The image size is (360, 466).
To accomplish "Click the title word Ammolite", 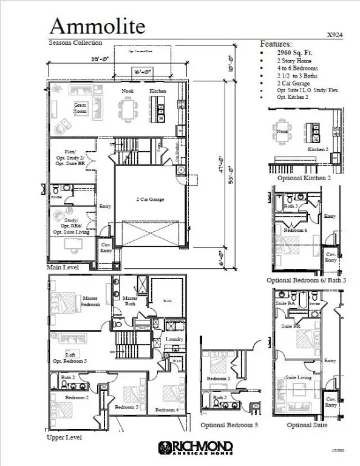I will point(97,25).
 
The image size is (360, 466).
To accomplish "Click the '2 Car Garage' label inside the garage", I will point(149,199).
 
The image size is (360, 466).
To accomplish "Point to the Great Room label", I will point(80,108).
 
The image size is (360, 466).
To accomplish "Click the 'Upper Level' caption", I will point(64,436).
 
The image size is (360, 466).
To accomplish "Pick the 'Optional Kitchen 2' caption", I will point(304,178).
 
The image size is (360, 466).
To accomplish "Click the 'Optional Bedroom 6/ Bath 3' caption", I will point(307,280).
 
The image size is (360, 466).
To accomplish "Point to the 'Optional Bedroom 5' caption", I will point(229,425).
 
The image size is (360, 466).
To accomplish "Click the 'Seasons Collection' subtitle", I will point(75,43).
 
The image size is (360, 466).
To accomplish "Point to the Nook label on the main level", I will point(127,91).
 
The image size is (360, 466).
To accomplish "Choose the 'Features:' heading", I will point(276,44).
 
